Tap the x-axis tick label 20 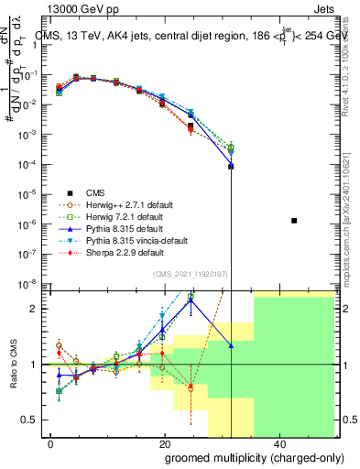tap(164, 444)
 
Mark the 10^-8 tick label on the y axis tap(27, 282)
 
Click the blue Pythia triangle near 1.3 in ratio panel tap(231, 345)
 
